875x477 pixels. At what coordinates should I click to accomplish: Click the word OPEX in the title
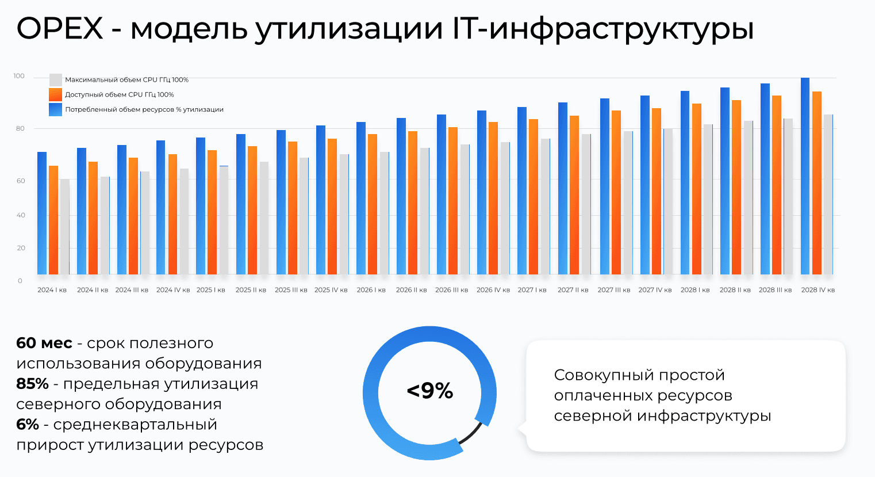(60, 28)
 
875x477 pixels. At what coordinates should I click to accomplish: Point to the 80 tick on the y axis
(21, 128)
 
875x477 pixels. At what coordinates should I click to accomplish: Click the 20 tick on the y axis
(21, 248)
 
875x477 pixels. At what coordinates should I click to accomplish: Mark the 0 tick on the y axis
(20, 281)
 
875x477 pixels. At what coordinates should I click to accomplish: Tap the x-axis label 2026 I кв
(371, 290)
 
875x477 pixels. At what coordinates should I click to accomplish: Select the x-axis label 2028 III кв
(775, 290)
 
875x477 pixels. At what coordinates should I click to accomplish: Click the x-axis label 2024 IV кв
(173, 290)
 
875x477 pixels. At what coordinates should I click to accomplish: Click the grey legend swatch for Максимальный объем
(56, 80)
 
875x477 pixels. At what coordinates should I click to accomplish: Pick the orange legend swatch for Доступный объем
(56, 95)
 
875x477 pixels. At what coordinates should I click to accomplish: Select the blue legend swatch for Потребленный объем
(56, 110)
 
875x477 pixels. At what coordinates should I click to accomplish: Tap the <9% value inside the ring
(429, 391)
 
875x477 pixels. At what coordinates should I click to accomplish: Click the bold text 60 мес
(44, 344)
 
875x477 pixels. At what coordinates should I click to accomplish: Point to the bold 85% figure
(32, 384)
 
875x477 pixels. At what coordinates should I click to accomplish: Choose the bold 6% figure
(28, 425)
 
